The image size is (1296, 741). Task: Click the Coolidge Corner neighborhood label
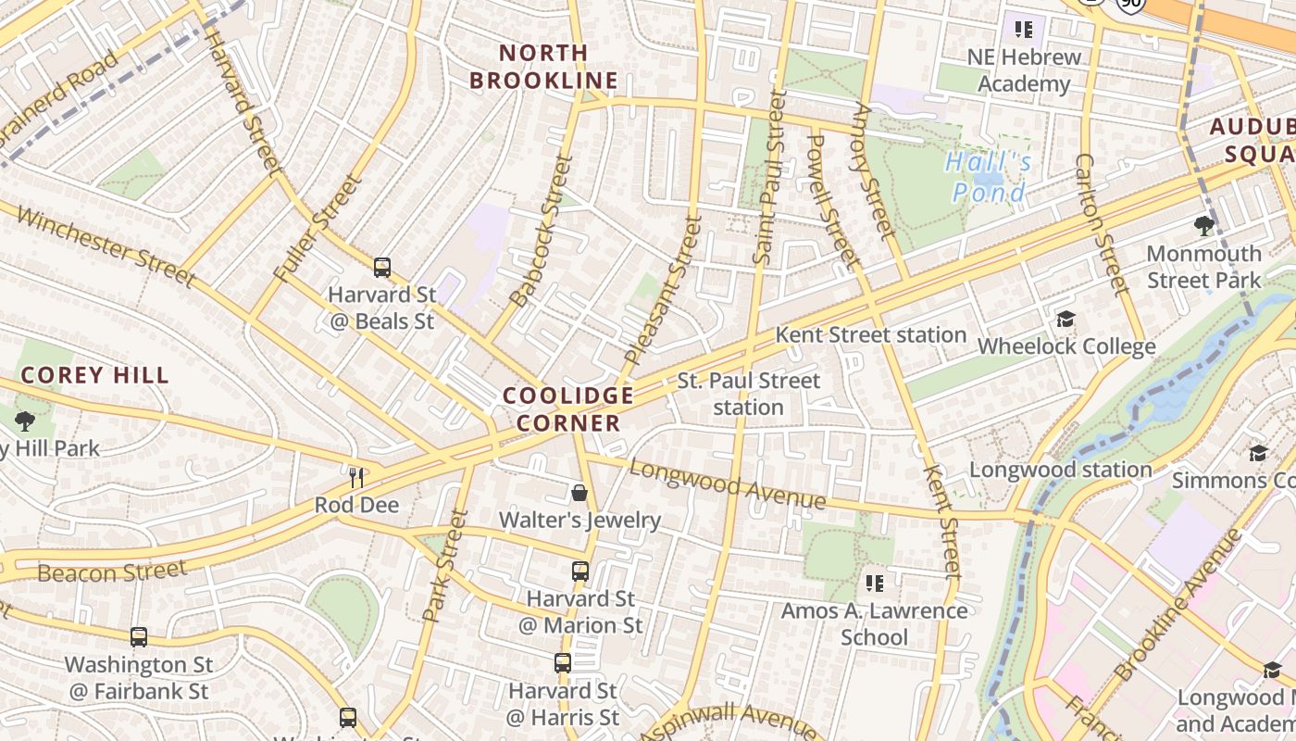pos(568,409)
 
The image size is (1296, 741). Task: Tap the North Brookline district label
pos(543,67)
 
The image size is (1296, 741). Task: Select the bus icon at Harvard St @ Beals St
pos(381,268)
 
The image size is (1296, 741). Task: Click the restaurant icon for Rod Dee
pos(356,477)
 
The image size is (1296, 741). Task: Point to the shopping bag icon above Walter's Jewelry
pos(579,492)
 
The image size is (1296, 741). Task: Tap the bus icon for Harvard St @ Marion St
pos(579,571)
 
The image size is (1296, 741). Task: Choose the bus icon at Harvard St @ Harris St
pos(562,662)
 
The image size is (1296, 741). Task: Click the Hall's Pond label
pos(989,178)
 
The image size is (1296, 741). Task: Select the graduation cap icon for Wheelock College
pos(1065,320)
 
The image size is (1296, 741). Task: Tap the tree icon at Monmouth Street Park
pos(1203,225)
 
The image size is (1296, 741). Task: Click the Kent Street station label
pos(870,334)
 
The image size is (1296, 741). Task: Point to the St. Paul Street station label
pos(748,394)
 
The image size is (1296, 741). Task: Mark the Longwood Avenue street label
pos(727,484)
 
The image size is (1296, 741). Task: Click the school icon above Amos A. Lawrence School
pos(874,583)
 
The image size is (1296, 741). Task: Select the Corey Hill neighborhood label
pos(95,375)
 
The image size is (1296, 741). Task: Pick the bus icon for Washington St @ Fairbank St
pos(138,636)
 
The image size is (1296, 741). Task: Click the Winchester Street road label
pos(106,246)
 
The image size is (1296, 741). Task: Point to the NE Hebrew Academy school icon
pos(1023,30)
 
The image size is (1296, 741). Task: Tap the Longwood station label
pos(1060,470)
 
